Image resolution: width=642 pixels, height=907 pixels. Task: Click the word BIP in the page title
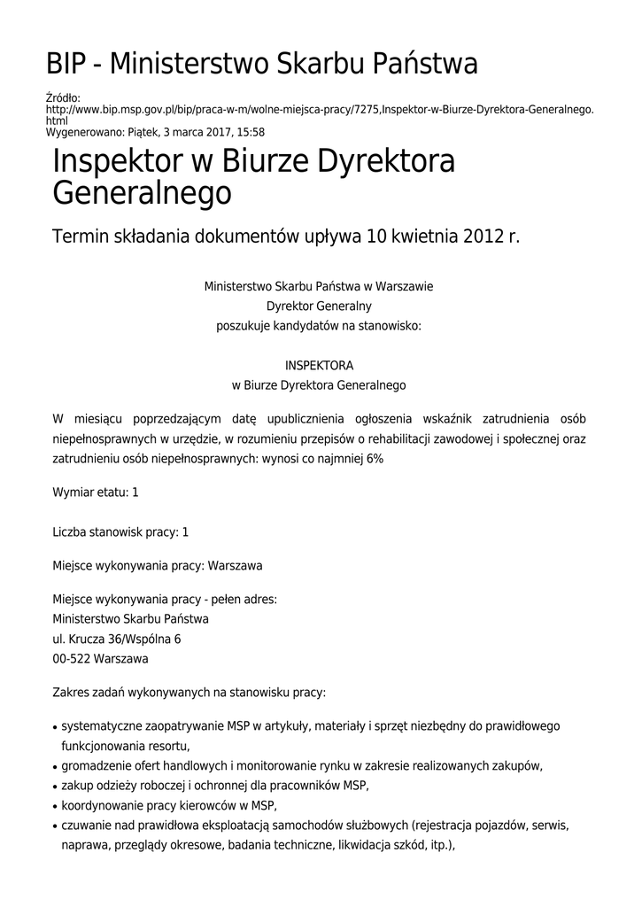69,64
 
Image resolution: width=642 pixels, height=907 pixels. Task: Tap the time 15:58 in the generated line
250,132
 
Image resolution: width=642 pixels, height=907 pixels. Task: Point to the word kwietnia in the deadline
412,236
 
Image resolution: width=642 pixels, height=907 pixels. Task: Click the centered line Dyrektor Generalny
319,306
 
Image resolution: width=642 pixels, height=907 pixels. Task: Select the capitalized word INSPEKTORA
319,365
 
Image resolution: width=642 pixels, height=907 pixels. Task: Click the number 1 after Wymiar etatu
135,492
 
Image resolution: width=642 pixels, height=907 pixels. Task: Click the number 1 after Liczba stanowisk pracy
185,532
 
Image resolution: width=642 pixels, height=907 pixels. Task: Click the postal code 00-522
71,659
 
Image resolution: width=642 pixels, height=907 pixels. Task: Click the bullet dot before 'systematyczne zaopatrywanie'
56,728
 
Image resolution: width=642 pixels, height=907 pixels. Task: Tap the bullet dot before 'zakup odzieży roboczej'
56,787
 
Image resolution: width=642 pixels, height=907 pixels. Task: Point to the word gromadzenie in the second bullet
97,766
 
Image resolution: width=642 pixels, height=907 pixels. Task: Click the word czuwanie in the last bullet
85,826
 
